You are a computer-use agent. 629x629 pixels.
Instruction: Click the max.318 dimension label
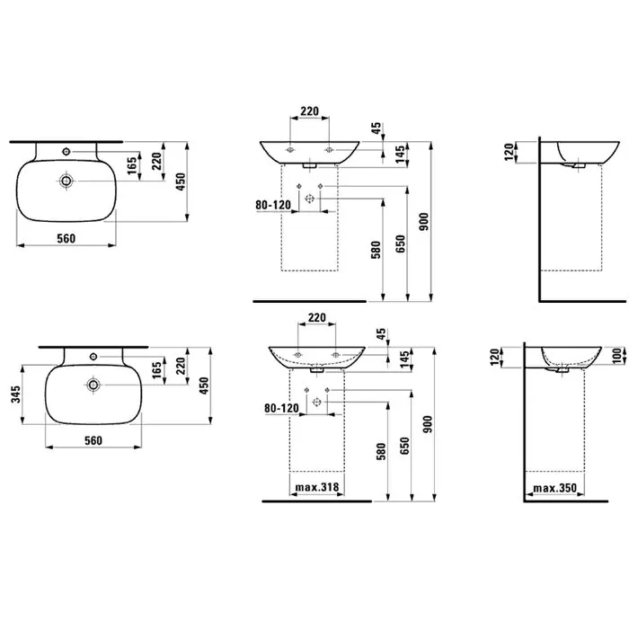317,487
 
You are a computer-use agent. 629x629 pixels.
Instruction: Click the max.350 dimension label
554,488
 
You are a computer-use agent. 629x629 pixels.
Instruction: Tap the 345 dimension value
15,394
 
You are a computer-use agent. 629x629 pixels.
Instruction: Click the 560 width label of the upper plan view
66,239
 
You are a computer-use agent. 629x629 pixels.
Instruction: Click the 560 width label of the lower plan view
93,440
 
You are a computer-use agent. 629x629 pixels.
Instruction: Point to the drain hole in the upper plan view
66,181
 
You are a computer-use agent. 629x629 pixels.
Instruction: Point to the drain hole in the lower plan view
93,385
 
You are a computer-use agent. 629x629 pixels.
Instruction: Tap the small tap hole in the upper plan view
66,151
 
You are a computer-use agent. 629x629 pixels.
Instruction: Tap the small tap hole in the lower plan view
93,356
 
